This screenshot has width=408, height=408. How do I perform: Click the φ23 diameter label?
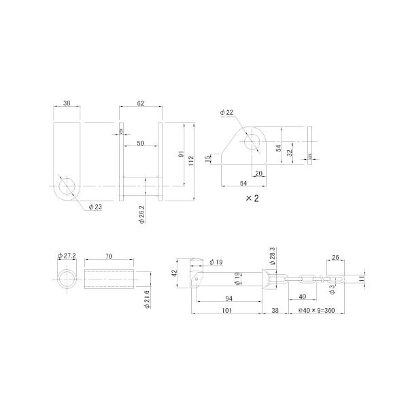coord(95,207)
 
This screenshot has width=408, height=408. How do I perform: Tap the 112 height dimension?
coord(191,161)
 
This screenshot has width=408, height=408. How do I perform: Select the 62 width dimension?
coord(141,103)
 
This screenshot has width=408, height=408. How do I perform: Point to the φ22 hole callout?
coord(226,112)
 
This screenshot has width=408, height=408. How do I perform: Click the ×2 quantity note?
coord(252,199)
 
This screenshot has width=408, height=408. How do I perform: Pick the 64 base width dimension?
coord(243,183)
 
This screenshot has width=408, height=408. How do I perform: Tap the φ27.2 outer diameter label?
coord(67,256)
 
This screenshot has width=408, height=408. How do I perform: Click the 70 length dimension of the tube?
coord(109,256)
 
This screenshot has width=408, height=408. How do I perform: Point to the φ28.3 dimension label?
coord(273,256)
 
